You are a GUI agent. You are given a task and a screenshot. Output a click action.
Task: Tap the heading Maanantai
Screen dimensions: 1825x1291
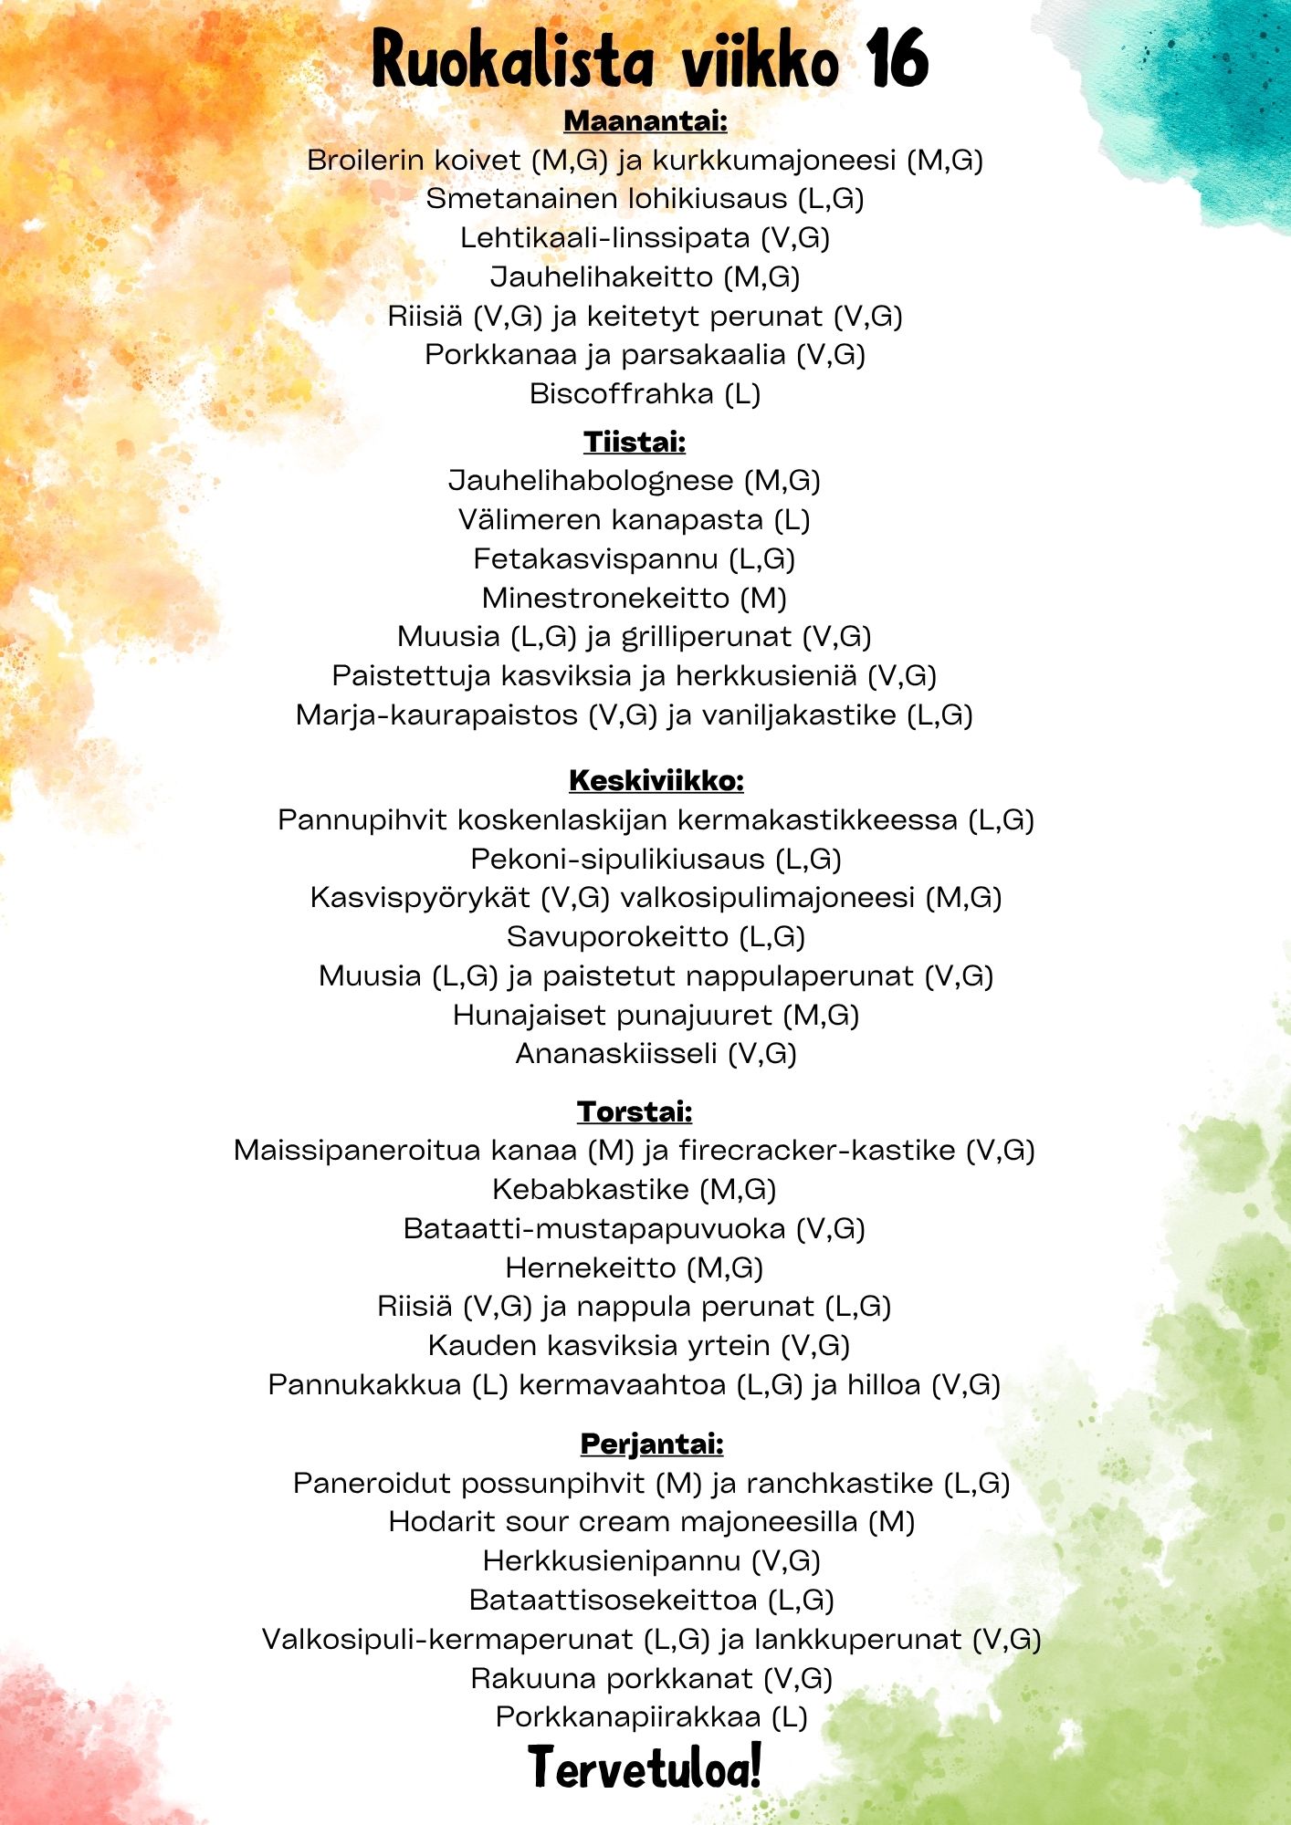[x=645, y=120]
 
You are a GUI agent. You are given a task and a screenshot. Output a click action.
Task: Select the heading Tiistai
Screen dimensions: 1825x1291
[x=635, y=442]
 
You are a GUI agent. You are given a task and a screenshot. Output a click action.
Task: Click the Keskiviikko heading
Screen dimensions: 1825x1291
[x=656, y=780]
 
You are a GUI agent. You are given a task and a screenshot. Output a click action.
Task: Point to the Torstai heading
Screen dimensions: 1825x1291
[x=635, y=1111]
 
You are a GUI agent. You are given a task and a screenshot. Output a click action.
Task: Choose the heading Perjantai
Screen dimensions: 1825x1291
[x=652, y=1444]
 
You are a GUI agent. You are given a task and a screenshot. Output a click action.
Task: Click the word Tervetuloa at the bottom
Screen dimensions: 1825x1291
[x=645, y=1767]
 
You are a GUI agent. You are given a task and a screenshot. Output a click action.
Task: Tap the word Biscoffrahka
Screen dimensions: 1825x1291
[x=622, y=393]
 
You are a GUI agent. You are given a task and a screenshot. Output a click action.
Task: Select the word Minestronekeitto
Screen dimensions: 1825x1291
[x=605, y=598]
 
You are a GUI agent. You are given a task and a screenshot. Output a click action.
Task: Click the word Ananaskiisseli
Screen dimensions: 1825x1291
[x=616, y=1053]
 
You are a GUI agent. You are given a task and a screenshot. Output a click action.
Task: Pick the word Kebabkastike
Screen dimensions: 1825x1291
[x=590, y=1189]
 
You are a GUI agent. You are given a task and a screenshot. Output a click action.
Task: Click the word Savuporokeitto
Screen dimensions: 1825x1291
[x=618, y=936]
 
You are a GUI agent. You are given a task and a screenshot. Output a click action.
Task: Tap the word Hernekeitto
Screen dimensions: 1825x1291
[x=590, y=1267]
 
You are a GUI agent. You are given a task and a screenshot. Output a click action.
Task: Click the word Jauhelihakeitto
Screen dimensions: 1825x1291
[x=602, y=276]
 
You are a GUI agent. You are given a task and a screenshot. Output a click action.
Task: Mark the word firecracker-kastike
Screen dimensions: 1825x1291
[x=816, y=1150]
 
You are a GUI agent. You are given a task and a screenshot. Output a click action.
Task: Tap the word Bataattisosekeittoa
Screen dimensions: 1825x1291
[x=613, y=1600]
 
